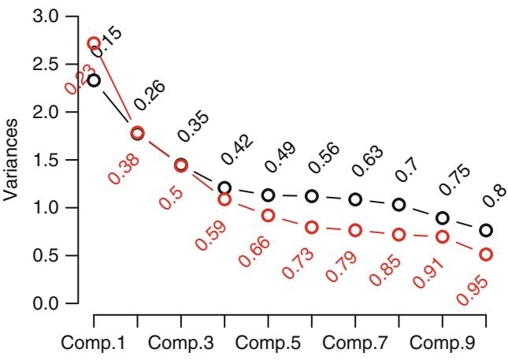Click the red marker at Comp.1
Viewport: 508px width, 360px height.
[x=94, y=43]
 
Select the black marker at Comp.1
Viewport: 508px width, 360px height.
[x=94, y=80]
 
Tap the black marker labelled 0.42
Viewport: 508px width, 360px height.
[x=225, y=187]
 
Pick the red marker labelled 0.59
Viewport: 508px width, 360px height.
[x=225, y=199]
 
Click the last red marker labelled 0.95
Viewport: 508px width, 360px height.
[x=487, y=254]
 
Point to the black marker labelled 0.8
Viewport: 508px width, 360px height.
[x=487, y=230]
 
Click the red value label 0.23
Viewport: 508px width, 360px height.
[x=80, y=80]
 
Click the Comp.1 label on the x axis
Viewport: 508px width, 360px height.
[x=94, y=346]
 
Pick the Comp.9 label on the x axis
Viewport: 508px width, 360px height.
[x=443, y=346]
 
